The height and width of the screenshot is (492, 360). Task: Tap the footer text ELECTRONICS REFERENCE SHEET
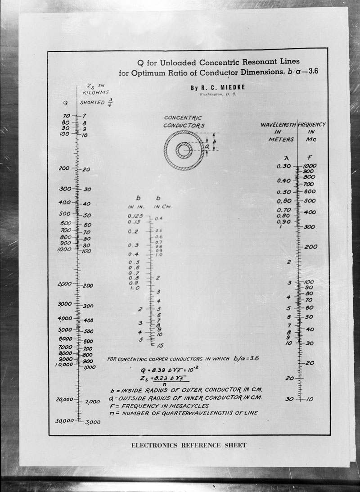coord(189,445)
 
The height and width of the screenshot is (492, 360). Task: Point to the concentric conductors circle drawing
coord(184,150)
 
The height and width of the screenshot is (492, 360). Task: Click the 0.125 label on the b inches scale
coord(135,217)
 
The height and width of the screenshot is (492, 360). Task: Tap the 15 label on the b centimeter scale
coord(160,345)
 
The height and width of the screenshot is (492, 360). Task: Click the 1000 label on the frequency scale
coord(310,166)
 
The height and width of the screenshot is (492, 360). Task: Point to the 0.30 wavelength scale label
coord(284,166)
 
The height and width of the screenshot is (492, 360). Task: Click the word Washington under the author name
coord(207,95)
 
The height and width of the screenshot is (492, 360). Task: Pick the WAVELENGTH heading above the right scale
coord(278,124)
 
